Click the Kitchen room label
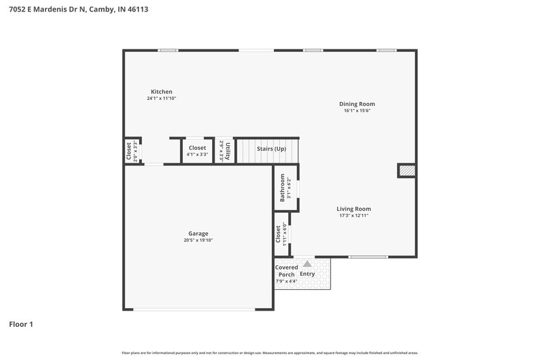click(161, 91)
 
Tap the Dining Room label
click(357, 104)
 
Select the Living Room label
click(354, 209)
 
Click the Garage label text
click(198, 234)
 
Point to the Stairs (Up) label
click(271, 148)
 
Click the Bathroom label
click(283, 188)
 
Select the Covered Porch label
click(286, 271)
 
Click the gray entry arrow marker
click(307, 264)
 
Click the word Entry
click(307, 274)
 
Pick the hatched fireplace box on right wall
click(406, 171)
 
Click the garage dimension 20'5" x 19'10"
click(198, 240)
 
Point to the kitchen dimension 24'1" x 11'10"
click(161, 99)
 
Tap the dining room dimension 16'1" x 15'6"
click(357, 111)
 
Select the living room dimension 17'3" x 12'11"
click(354, 216)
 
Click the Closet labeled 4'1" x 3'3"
click(197, 148)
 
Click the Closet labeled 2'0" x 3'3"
click(129, 151)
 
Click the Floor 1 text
click(21, 324)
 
